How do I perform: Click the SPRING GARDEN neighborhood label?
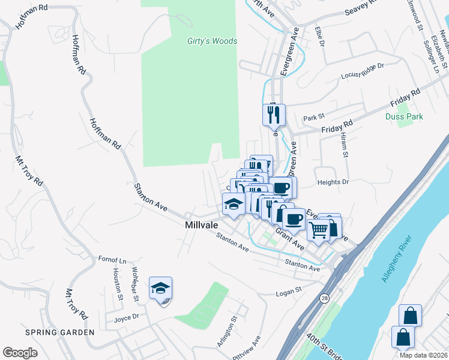[x=59, y=332]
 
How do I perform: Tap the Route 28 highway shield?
[x=325, y=298]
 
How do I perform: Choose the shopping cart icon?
[x=319, y=229]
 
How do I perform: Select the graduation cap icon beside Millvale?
[x=234, y=205]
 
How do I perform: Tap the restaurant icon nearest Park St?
[x=274, y=114]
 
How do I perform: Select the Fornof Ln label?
[x=112, y=261]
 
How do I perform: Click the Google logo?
[x=20, y=352]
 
